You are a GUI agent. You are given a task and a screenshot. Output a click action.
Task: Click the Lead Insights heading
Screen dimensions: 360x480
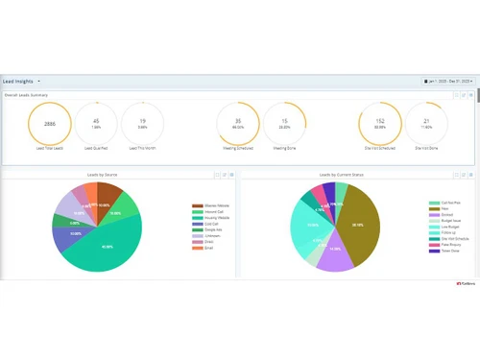click(20, 82)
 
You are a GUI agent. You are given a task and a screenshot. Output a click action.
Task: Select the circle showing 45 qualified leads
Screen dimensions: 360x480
click(95, 123)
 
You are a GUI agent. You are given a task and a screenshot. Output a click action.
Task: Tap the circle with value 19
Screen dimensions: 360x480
click(142, 123)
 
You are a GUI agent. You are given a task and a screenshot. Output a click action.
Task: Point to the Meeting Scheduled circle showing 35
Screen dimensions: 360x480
click(237, 123)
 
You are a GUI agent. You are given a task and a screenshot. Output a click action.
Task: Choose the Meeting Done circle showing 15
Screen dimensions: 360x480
click(284, 123)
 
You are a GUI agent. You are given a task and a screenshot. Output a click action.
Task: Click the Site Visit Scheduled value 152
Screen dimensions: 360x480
click(380, 123)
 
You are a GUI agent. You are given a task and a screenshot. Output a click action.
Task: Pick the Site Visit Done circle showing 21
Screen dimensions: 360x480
click(427, 123)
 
